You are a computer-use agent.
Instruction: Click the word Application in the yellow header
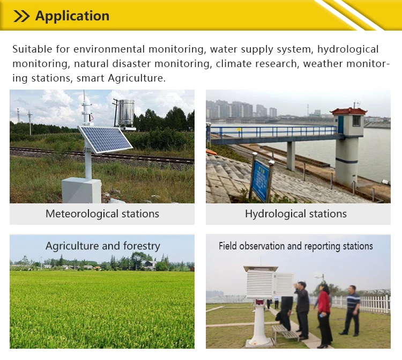(72, 16)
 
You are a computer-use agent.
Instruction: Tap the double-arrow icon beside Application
(21, 16)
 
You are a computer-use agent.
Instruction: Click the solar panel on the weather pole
(105, 139)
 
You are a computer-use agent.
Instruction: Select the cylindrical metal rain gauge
(126, 113)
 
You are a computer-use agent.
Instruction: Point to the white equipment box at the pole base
(81, 190)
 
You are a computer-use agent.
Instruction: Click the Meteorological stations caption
(102, 214)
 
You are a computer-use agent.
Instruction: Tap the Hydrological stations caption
(296, 214)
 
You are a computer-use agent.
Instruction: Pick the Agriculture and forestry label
(102, 246)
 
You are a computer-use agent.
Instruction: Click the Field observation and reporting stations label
(296, 246)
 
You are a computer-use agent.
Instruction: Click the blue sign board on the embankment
(260, 179)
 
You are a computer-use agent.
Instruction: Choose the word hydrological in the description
(348, 49)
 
